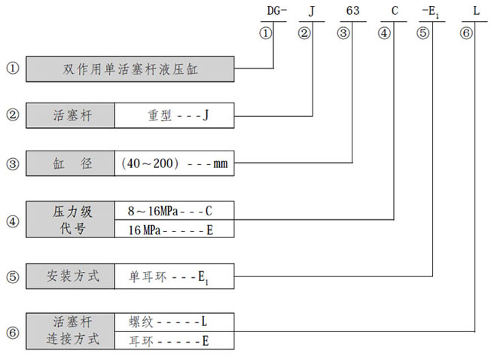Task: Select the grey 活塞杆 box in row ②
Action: [70, 116]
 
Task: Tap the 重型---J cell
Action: [174, 116]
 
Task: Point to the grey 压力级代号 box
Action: [70, 219]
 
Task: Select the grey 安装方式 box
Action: [70, 276]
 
